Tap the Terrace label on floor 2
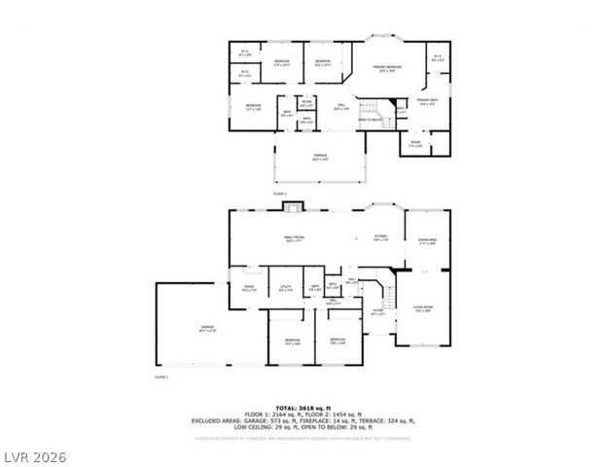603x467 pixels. point(319,159)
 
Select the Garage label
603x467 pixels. point(207,328)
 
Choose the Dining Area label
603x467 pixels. point(427,241)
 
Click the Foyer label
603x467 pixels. point(378,313)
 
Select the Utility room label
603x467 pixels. point(284,288)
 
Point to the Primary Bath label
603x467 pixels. point(429,101)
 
